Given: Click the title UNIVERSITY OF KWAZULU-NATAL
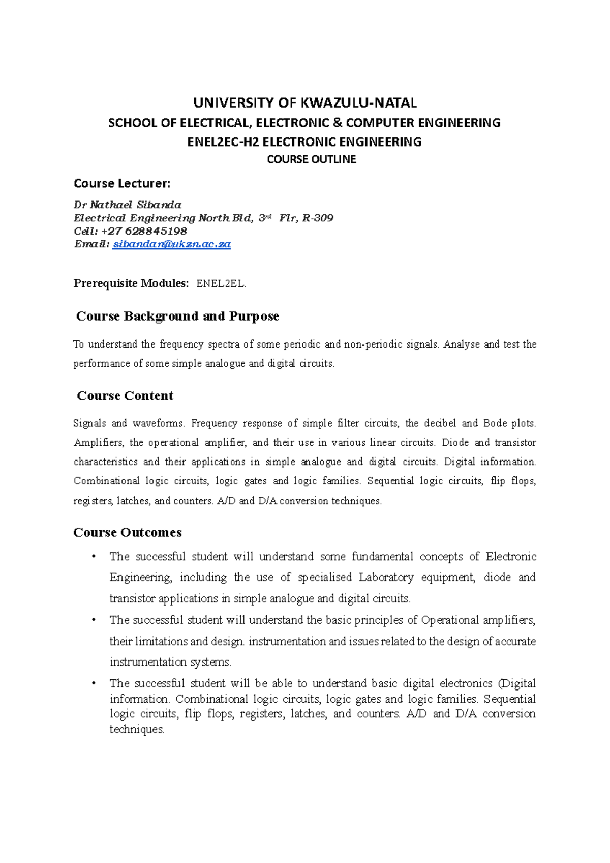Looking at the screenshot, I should coord(305,103).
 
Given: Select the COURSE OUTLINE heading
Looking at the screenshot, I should coord(312,160).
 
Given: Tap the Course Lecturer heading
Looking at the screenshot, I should coord(122,183).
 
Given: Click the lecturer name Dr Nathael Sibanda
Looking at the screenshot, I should coord(128,205).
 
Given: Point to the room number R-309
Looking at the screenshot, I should coord(318,218).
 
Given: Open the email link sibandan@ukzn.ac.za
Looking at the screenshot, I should coord(172,244).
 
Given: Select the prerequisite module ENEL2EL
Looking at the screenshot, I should coord(221,284).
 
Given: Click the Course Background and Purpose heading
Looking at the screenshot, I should coord(177,317).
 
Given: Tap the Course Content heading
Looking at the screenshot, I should coord(125,396).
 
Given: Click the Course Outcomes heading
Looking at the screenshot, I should coord(128,533).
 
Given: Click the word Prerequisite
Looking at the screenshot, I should coord(104,284).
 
